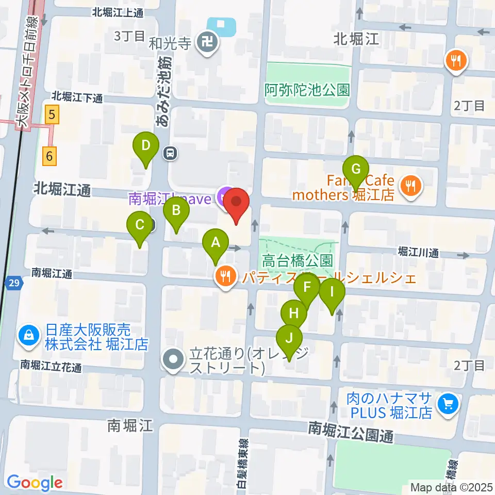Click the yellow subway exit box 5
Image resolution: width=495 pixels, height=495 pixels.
(51, 114)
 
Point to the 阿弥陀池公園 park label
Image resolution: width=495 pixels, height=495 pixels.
(307, 90)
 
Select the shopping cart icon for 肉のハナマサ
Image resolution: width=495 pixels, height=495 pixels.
(447, 404)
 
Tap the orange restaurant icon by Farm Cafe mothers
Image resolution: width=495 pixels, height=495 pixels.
(411, 186)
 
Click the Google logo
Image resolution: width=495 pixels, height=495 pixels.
(35, 483)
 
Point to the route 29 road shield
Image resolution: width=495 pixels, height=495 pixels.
(14, 283)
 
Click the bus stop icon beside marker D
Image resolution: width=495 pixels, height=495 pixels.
(170, 153)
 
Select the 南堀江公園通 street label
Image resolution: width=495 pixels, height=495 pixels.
(351, 431)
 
